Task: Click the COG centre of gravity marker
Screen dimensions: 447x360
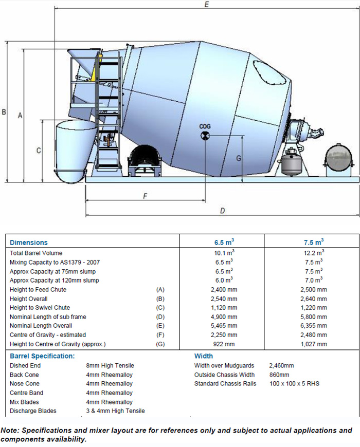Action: click(x=205, y=136)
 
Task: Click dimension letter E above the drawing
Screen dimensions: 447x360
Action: click(x=206, y=5)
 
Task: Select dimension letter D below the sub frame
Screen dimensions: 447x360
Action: click(x=222, y=210)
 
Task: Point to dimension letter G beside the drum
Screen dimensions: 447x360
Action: click(x=238, y=158)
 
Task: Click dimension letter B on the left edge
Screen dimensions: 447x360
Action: click(x=4, y=111)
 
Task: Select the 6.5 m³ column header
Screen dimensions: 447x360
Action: click(x=222, y=242)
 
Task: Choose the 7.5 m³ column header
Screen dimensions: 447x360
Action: click(x=312, y=242)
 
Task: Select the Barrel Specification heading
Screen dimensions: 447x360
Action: click(x=42, y=356)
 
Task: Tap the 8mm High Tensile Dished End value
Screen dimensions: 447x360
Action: click(x=110, y=365)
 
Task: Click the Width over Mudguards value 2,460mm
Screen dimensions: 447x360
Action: click(x=281, y=365)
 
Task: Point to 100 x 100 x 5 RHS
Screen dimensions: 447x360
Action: click(x=294, y=383)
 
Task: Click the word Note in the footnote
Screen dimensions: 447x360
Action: click(x=10, y=431)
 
